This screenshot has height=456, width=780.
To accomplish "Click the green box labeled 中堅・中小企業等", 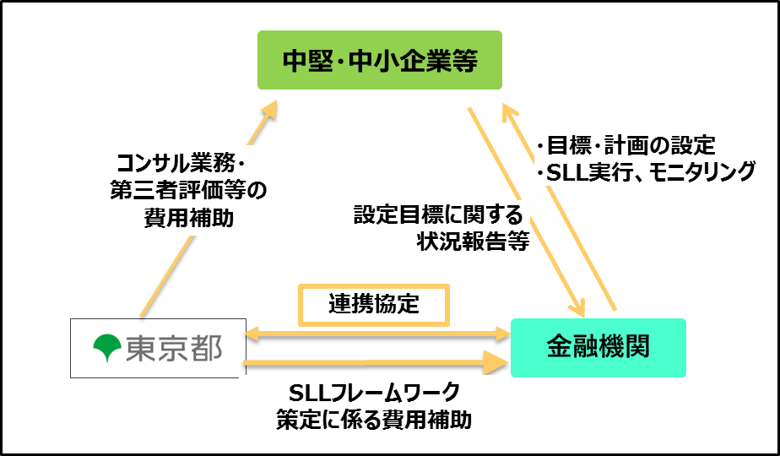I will pos(379,60).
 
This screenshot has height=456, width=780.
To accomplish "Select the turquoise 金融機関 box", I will pos(598,347).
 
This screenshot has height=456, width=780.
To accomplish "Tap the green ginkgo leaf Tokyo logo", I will pos(107,348).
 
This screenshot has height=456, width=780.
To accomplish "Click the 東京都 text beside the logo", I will pos(172,348).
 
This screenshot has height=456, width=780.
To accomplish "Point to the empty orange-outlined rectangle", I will pos(374,305).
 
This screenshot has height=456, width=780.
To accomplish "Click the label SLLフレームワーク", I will pos(374,393).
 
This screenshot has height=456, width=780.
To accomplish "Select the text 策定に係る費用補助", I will pos(374,420).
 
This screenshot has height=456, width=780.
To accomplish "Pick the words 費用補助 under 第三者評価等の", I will pos(187,218).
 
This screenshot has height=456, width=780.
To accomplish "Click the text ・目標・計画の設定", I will pos(626,144).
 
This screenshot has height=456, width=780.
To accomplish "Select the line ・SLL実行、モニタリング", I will pos(646,171).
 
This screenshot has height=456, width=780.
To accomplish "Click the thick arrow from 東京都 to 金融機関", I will pos(371,364).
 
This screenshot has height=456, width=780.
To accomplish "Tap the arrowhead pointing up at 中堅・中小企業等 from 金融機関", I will pos(509,110).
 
